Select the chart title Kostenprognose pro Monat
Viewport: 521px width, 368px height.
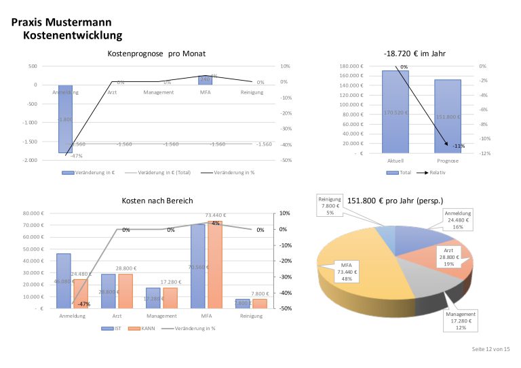pos(157,54)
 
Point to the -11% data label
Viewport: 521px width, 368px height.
pos(459,146)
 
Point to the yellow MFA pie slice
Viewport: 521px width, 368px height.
pos(353,271)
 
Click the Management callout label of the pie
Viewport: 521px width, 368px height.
pos(461,321)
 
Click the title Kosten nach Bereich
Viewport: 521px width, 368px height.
pos(157,201)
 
